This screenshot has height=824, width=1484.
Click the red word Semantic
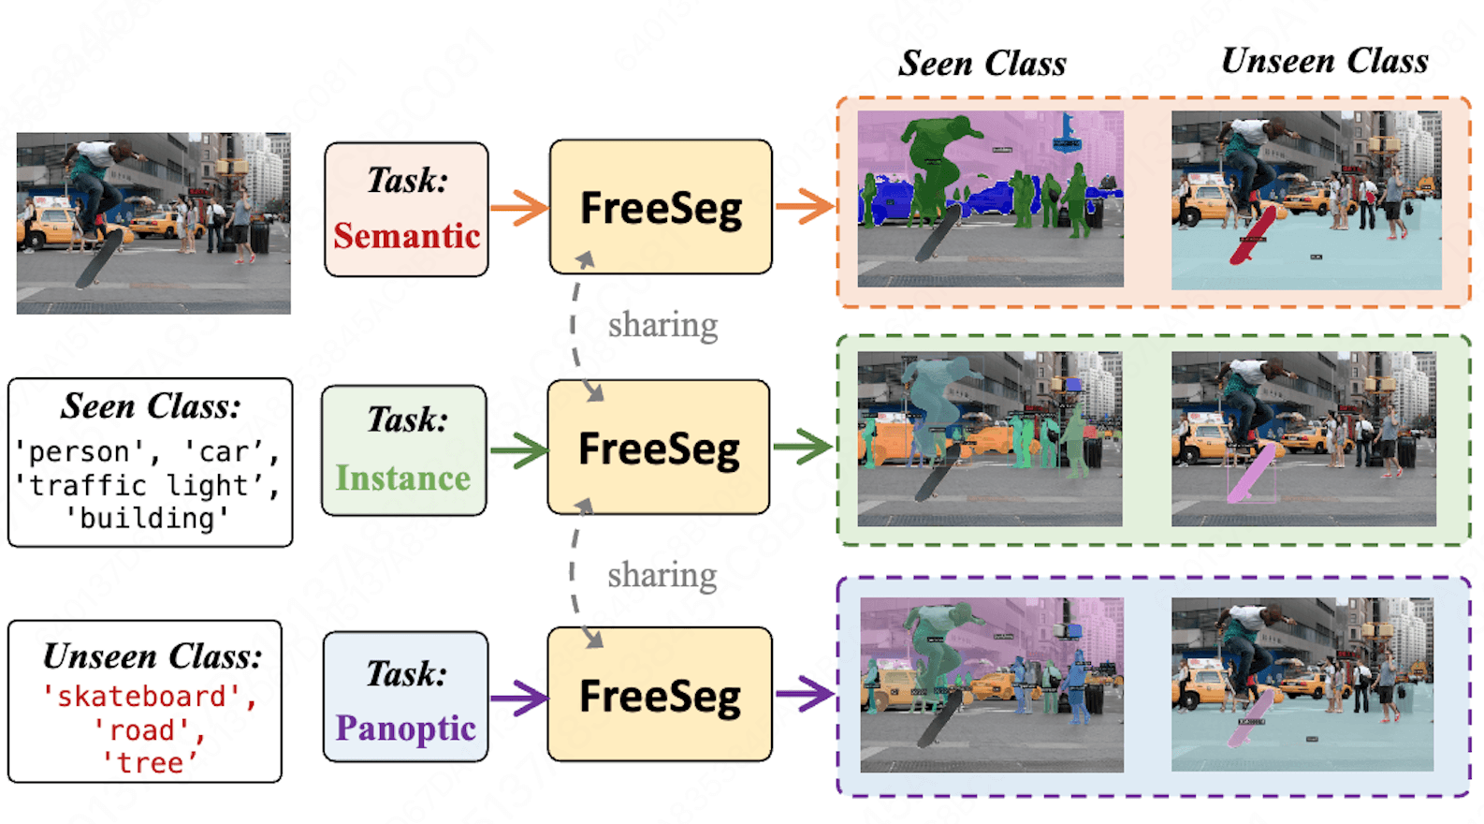pyautogui.click(x=406, y=236)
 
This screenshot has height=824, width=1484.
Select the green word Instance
pyautogui.click(x=403, y=478)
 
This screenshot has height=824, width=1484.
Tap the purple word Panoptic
pyautogui.click(x=405, y=728)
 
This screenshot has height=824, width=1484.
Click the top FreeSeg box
pyautogui.click(x=661, y=207)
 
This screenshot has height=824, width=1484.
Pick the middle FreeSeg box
pyautogui.click(x=659, y=448)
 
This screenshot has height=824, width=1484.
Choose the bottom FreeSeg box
pyautogui.click(x=660, y=695)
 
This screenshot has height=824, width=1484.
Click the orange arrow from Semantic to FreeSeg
pyautogui.click(x=518, y=208)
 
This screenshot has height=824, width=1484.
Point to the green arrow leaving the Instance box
pyautogui.click(x=517, y=450)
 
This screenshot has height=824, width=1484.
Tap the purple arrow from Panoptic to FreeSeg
pyautogui.click(x=517, y=697)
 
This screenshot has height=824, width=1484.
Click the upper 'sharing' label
pyautogui.click(x=662, y=325)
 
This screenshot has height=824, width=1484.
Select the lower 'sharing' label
pyautogui.click(x=662, y=575)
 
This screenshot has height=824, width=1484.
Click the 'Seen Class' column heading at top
pyautogui.click(x=982, y=64)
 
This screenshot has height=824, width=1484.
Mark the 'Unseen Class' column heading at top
pyautogui.click(x=1324, y=62)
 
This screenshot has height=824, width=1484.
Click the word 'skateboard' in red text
pyautogui.click(x=141, y=697)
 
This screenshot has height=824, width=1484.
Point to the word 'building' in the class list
pyautogui.click(x=147, y=518)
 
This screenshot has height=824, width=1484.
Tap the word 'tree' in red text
pyautogui.click(x=150, y=763)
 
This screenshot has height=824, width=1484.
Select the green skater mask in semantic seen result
pyautogui.click(x=937, y=159)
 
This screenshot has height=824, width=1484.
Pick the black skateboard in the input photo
pyautogui.click(x=99, y=258)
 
